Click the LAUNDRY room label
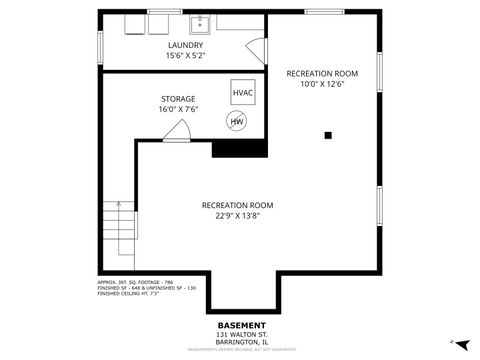tap(185, 45)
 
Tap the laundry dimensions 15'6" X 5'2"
tap(185, 56)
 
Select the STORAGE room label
tap(178, 99)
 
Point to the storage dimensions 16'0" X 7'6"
tap(178, 110)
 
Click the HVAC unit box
tap(243, 93)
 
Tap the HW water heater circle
tap(237, 122)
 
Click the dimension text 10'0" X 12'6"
tap(322, 85)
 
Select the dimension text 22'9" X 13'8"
tap(237, 216)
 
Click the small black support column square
tap(327, 134)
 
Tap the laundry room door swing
tap(257, 50)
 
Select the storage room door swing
tap(179, 130)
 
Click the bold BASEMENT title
tap(242, 325)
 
